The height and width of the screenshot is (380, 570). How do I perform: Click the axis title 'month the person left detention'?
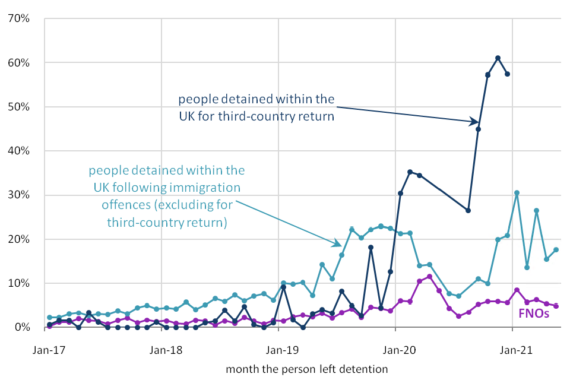click(307, 369)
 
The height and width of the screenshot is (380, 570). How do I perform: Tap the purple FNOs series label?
click(533, 313)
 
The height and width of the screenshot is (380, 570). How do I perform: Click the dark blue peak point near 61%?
click(498, 58)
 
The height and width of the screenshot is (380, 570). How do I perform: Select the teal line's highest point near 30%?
click(517, 193)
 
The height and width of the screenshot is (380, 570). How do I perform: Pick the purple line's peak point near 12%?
click(429, 277)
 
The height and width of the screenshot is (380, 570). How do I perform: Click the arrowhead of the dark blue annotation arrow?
click(476, 122)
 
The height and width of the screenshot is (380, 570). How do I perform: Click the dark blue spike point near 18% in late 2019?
click(370, 248)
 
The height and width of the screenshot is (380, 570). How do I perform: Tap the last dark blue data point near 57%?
click(507, 74)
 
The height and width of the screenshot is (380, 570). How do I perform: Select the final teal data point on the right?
click(556, 250)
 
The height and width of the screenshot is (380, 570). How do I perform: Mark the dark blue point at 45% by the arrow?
click(478, 129)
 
